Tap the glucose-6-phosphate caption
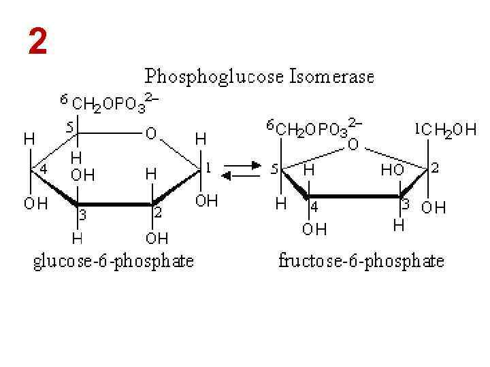point(113,261)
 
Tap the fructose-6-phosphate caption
point(361,261)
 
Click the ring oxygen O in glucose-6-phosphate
point(151,135)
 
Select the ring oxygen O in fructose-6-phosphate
point(353,145)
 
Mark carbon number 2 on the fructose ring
point(435,167)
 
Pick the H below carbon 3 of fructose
point(398,225)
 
